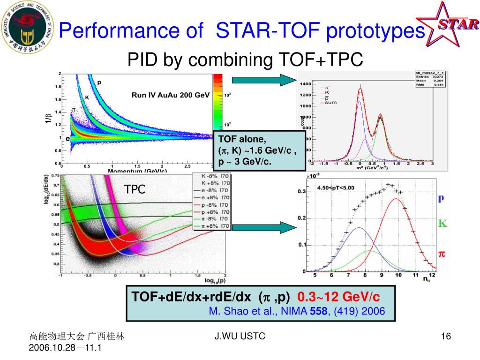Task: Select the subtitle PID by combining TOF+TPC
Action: pyautogui.click(x=246, y=60)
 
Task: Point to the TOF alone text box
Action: pyautogui.click(x=259, y=150)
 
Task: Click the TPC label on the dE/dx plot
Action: pyautogui.click(x=135, y=189)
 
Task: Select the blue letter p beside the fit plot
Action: pyautogui.click(x=441, y=199)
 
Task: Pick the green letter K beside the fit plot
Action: pyautogui.click(x=442, y=224)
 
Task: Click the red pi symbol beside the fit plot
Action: pyautogui.click(x=442, y=254)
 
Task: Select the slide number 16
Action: pyautogui.click(x=446, y=337)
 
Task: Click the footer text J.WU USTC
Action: pyautogui.click(x=240, y=336)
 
